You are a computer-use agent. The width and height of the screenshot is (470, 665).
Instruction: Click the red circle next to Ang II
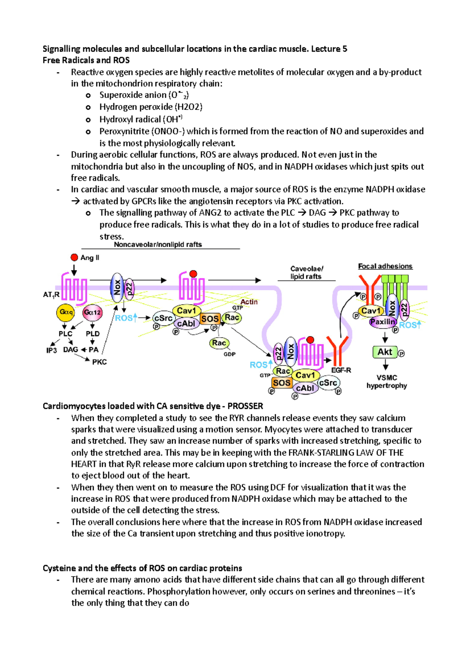74,257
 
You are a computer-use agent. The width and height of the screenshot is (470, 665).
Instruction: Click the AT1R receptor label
51,295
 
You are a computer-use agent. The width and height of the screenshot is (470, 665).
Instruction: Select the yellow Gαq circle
66,313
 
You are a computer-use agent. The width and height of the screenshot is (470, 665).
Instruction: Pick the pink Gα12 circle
92,313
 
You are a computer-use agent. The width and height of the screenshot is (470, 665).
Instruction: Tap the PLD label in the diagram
93,334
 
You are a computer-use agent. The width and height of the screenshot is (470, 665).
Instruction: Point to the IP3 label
52,350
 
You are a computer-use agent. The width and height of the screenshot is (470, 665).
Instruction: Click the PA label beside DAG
94,350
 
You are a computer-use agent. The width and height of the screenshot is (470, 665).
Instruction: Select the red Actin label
249,302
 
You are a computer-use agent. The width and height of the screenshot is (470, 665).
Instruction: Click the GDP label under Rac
230,354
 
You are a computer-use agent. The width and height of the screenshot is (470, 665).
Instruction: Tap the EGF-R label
341,370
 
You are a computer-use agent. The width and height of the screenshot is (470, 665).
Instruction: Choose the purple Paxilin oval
383,322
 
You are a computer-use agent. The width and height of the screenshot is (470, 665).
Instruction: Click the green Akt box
385,352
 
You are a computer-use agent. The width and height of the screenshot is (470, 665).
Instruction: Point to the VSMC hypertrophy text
387,382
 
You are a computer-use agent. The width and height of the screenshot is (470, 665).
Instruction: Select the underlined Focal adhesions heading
385,266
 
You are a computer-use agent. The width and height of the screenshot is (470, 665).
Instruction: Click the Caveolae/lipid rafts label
306,273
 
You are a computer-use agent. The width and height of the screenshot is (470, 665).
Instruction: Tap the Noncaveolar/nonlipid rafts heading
158,244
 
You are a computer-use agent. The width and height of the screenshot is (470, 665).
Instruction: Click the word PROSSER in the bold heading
245,406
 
